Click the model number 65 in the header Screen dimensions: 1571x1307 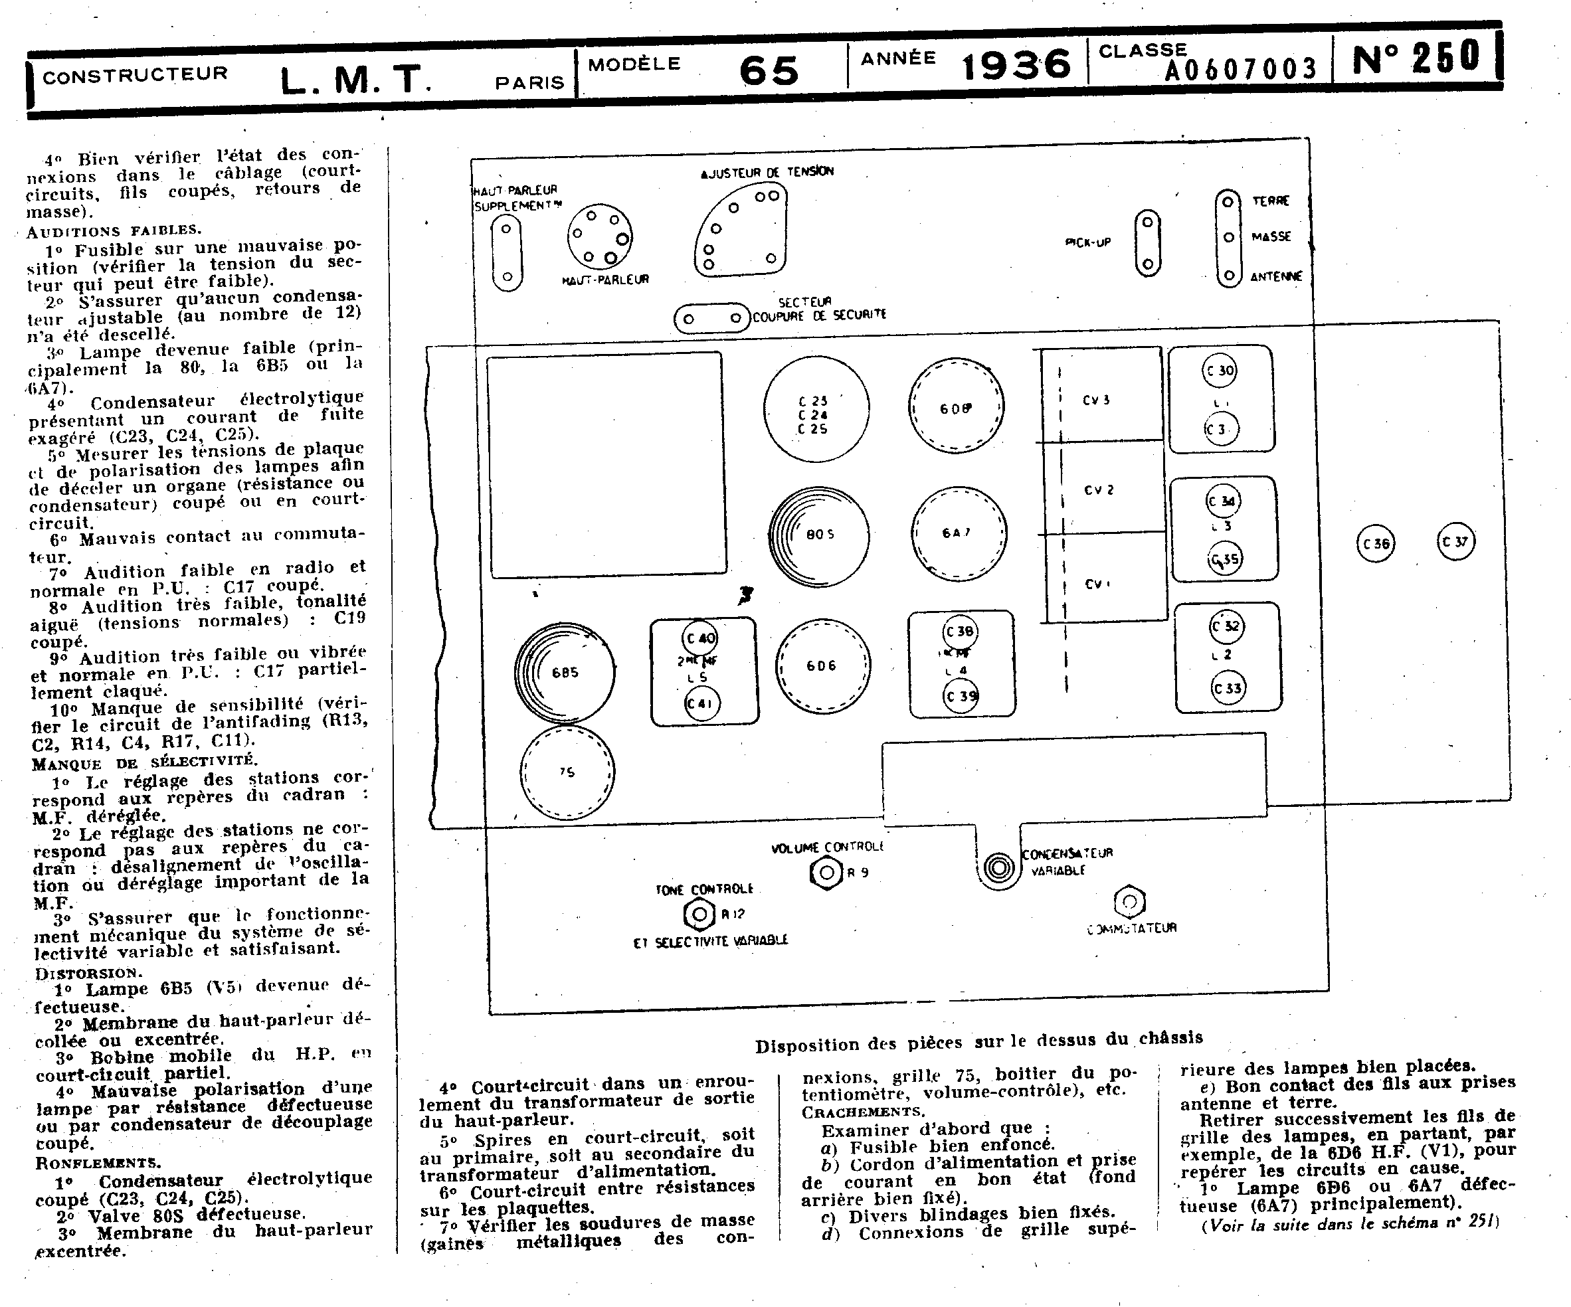click(x=769, y=71)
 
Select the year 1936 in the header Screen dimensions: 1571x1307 click(x=1016, y=65)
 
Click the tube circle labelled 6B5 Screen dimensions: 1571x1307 click(x=565, y=672)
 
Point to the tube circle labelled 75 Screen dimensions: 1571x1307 click(x=567, y=772)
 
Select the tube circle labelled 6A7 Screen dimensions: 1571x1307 click(x=959, y=533)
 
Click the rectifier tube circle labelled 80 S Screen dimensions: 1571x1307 click(x=819, y=535)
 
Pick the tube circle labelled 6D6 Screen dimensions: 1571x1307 click(x=822, y=665)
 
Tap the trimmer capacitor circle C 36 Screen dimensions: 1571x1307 click(x=1376, y=544)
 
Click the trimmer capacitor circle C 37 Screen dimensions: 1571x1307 click(x=1456, y=542)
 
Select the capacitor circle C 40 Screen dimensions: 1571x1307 click(x=700, y=638)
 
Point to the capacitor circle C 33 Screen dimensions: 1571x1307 click(x=1228, y=688)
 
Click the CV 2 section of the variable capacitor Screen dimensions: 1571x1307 click(x=1099, y=490)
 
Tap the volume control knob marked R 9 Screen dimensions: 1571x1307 click(x=826, y=873)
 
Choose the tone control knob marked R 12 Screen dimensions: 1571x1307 click(x=699, y=913)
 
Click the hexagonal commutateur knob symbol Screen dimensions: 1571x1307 click(x=1130, y=903)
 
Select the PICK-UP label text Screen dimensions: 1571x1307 click(x=1087, y=242)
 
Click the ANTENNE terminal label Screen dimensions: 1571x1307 click(x=1276, y=277)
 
